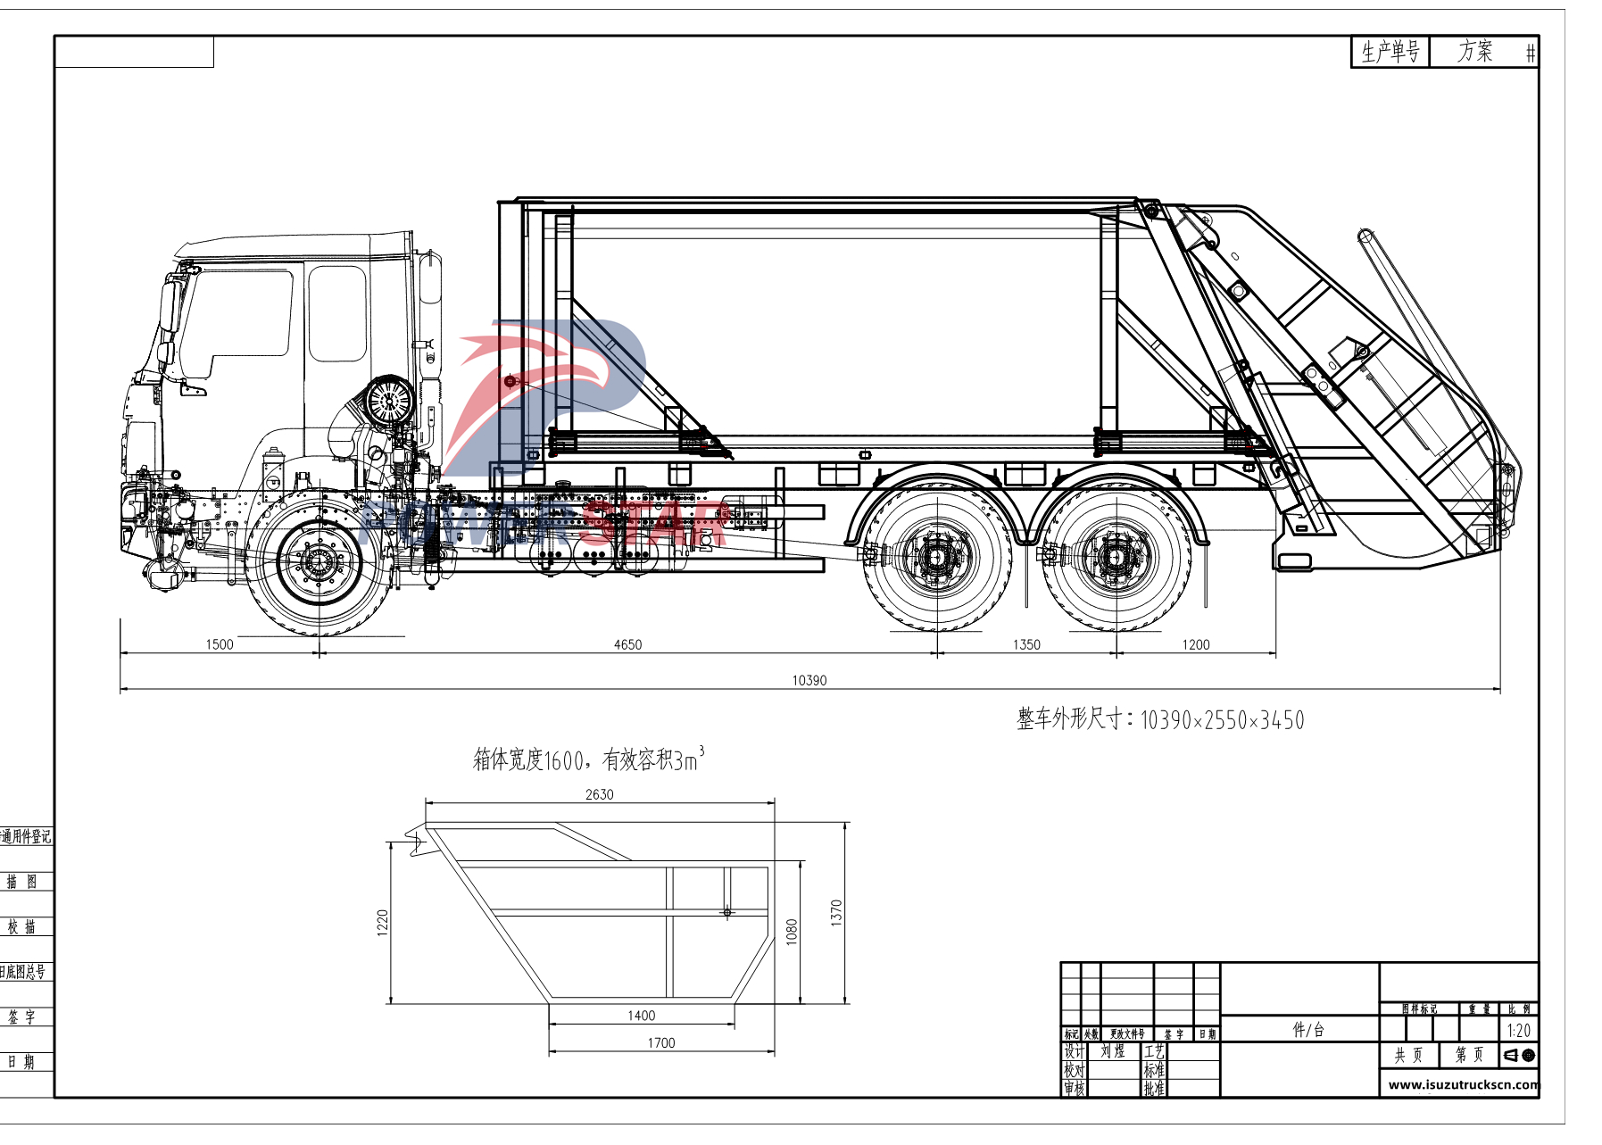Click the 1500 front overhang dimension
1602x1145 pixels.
219,644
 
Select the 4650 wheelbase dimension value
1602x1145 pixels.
627,644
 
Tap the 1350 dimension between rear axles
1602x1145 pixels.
1026,644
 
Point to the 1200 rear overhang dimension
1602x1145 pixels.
1196,644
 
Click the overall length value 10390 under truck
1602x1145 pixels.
809,680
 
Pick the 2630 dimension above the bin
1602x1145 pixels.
599,794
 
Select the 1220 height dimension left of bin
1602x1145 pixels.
383,922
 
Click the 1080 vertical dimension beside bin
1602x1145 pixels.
792,932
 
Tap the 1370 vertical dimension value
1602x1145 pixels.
836,912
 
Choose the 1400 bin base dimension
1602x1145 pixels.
641,1016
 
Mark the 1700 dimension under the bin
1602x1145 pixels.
661,1042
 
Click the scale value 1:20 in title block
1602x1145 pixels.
1518,1031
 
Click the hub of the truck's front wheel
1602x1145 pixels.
319,561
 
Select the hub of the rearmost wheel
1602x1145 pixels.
1114,558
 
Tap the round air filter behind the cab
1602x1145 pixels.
390,400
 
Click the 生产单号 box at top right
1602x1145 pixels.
1390,52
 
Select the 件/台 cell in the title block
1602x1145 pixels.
1308,1030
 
